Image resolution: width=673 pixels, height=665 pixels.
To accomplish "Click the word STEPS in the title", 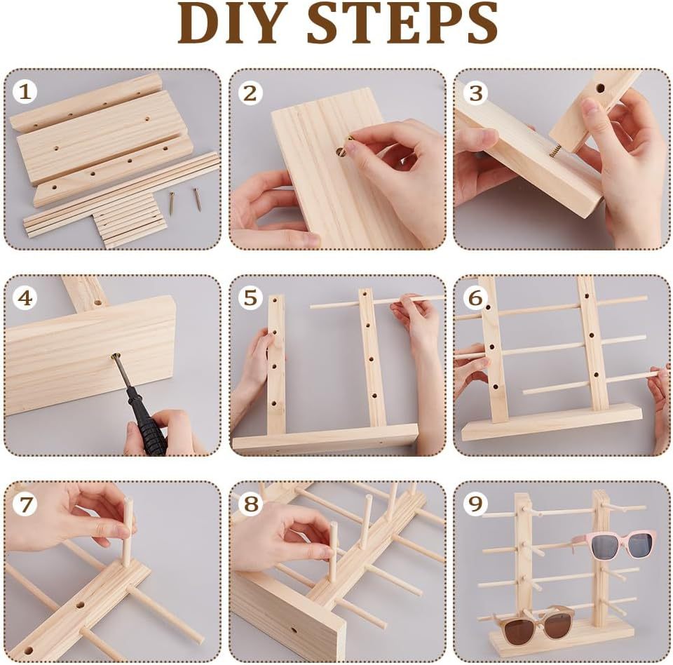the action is (x=402, y=22).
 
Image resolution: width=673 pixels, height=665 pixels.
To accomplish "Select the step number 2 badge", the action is (x=250, y=93).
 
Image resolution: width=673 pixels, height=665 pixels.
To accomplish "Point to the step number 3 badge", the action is (x=475, y=93).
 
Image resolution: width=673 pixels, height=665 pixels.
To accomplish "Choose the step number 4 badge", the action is (x=25, y=297).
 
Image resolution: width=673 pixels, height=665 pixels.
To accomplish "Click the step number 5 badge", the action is (x=250, y=297).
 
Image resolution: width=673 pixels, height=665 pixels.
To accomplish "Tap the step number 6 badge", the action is (x=475, y=297).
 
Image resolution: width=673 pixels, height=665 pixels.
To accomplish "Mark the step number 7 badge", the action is (x=25, y=504).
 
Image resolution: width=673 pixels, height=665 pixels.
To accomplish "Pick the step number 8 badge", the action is (x=250, y=504).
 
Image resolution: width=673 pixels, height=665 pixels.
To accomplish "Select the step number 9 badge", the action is (x=475, y=504).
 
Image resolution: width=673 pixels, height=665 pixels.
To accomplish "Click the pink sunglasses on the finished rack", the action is (x=614, y=544).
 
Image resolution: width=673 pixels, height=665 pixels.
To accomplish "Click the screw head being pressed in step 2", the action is (x=341, y=152).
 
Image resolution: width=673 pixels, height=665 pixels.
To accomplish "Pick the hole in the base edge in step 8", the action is (x=294, y=631).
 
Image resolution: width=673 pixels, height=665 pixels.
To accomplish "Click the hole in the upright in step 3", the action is (x=600, y=88).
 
